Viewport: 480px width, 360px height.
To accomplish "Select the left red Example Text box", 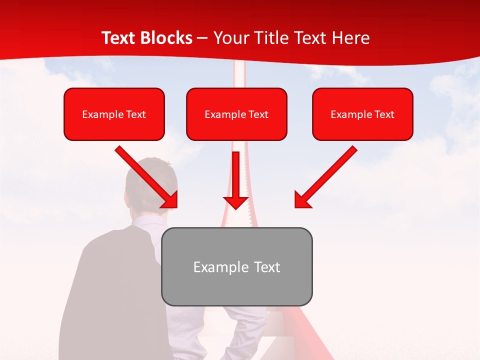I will pos(114,114).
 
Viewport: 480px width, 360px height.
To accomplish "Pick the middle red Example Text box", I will pos(236,114).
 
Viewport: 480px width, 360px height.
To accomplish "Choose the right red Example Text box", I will pos(362,114).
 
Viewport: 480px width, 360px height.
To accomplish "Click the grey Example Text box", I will pos(236,266).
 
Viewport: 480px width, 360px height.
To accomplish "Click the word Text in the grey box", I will pos(266,267).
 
